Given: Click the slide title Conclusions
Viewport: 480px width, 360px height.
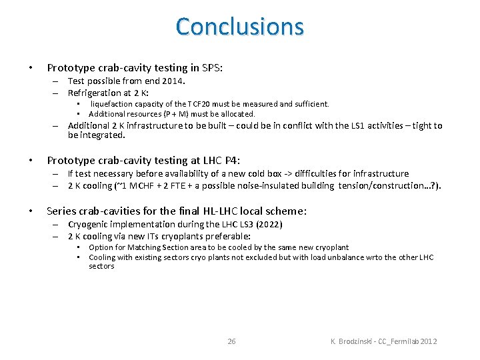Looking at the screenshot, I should (240, 27).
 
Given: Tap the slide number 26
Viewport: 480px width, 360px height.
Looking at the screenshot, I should (231, 341).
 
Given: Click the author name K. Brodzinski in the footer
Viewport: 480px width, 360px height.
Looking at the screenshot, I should (353, 341).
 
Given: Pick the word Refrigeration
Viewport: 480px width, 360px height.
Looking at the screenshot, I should (94, 93).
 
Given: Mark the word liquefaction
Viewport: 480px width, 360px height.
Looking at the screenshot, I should (111, 104).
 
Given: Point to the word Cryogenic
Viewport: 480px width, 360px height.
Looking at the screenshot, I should (89, 225).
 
